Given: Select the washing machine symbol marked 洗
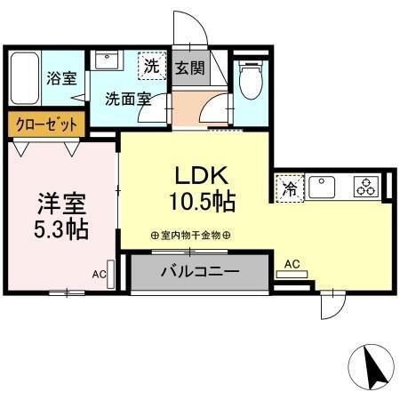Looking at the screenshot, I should (153, 65).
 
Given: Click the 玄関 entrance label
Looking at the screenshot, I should (187, 68).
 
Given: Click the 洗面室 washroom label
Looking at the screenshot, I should (127, 98).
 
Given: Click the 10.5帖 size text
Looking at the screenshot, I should (203, 202).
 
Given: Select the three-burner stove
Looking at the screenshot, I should (366, 188).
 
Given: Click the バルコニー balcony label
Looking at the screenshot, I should (198, 272).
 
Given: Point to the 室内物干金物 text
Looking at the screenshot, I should (191, 236).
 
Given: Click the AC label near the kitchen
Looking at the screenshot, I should (292, 263).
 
